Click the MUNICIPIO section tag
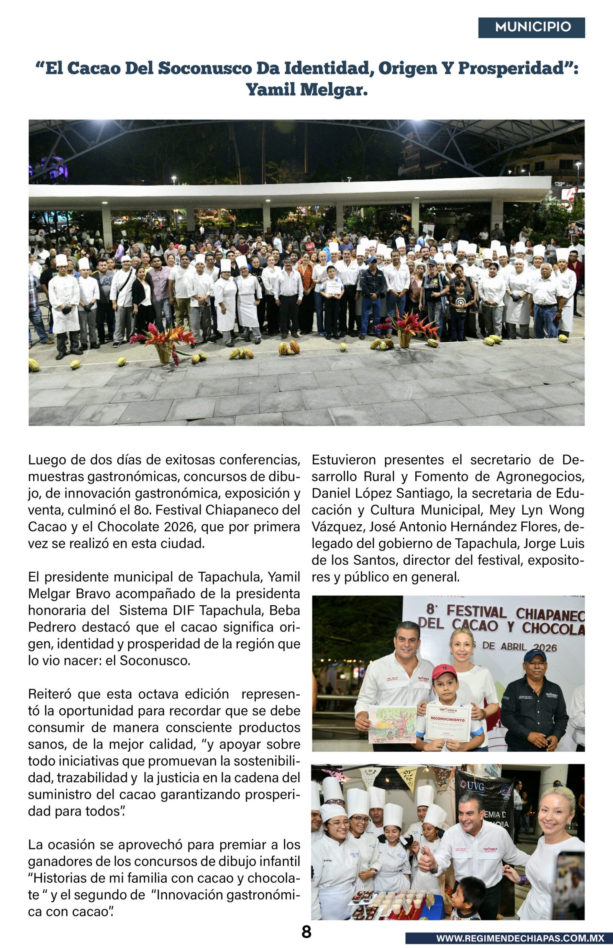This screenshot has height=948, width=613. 531,27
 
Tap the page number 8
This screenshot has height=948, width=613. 306,932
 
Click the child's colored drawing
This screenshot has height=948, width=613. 392,725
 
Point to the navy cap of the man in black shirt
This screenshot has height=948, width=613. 534,655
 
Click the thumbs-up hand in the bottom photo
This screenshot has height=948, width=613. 427,863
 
